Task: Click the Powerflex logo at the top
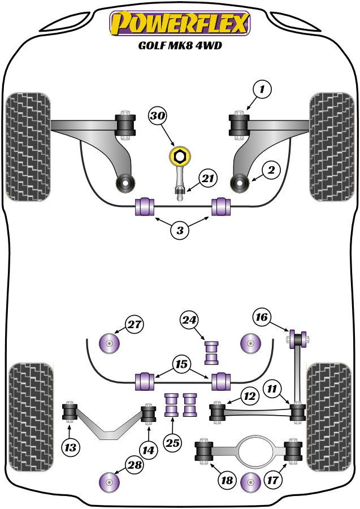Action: coord(180,24)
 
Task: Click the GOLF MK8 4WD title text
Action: coord(180,46)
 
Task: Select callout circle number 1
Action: coord(262,89)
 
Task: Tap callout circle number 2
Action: coord(271,169)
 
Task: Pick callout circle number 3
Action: coord(180,230)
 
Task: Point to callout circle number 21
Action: coord(208,179)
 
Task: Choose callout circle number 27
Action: coord(134,325)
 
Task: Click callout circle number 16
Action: coord(261,317)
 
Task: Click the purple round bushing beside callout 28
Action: coord(109,482)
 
